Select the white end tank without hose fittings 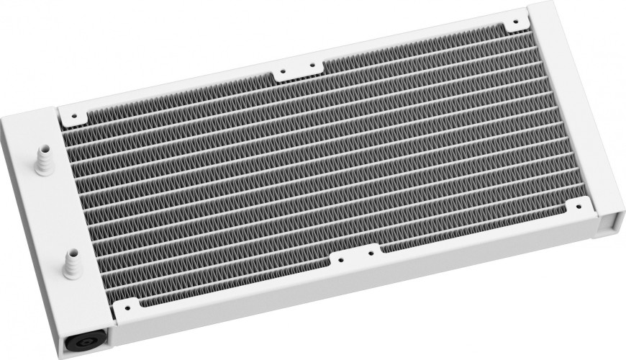[576, 108]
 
